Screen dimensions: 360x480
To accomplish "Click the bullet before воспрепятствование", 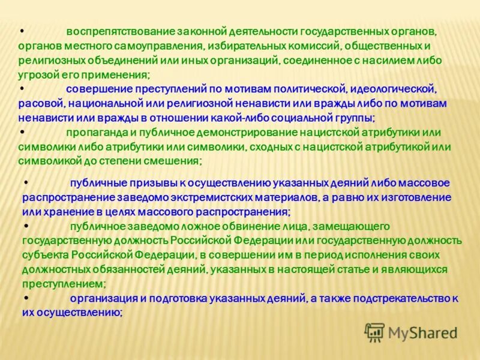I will [22, 31].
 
